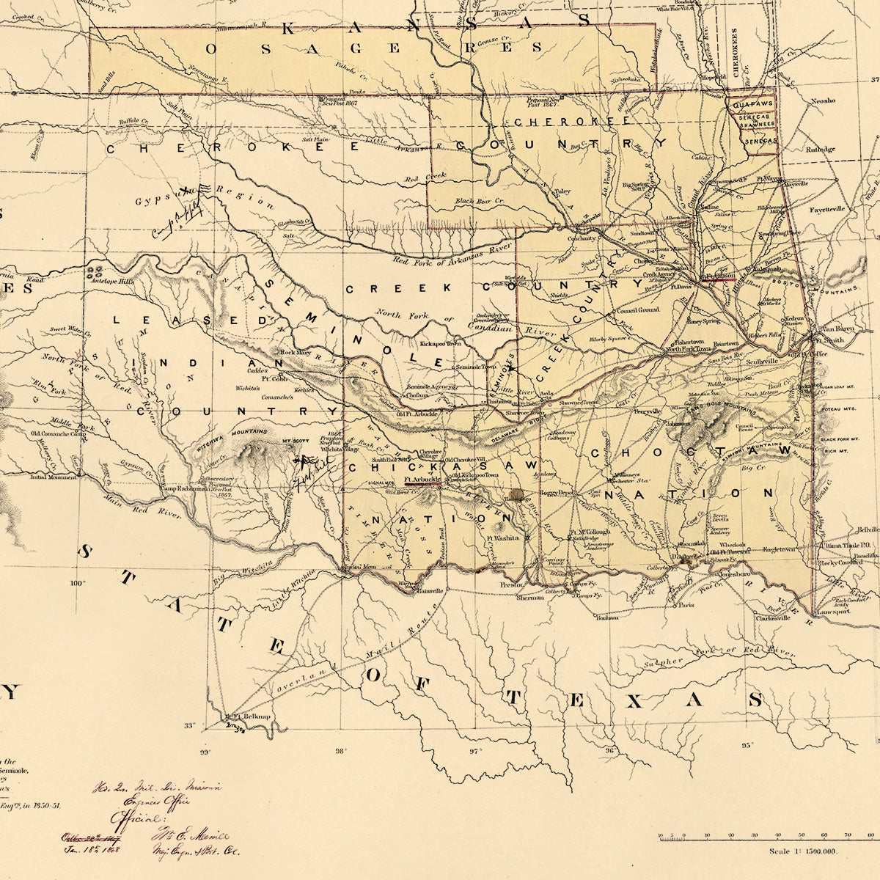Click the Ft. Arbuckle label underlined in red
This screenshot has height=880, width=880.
(x=422, y=480)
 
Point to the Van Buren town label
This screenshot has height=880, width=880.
(x=836, y=329)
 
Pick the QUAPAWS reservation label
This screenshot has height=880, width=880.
(x=752, y=105)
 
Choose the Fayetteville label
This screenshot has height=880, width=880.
(x=826, y=209)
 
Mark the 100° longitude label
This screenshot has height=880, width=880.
(x=77, y=583)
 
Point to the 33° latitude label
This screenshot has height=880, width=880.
(x=190, y=726)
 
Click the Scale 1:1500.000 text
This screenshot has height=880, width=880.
(x=803, y=851)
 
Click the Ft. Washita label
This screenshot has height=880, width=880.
(x=502, y=538)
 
